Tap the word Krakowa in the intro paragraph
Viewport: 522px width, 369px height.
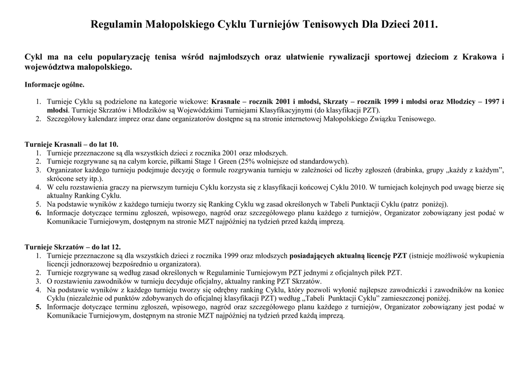coord(480,57)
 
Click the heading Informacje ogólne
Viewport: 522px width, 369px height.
coord(55,85)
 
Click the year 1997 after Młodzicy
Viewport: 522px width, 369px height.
coord(492,101)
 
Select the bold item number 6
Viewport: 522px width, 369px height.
coord(38,213)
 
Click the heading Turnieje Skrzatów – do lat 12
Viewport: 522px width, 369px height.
coord(73,247)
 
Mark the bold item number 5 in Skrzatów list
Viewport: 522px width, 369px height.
coord(38,307)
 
